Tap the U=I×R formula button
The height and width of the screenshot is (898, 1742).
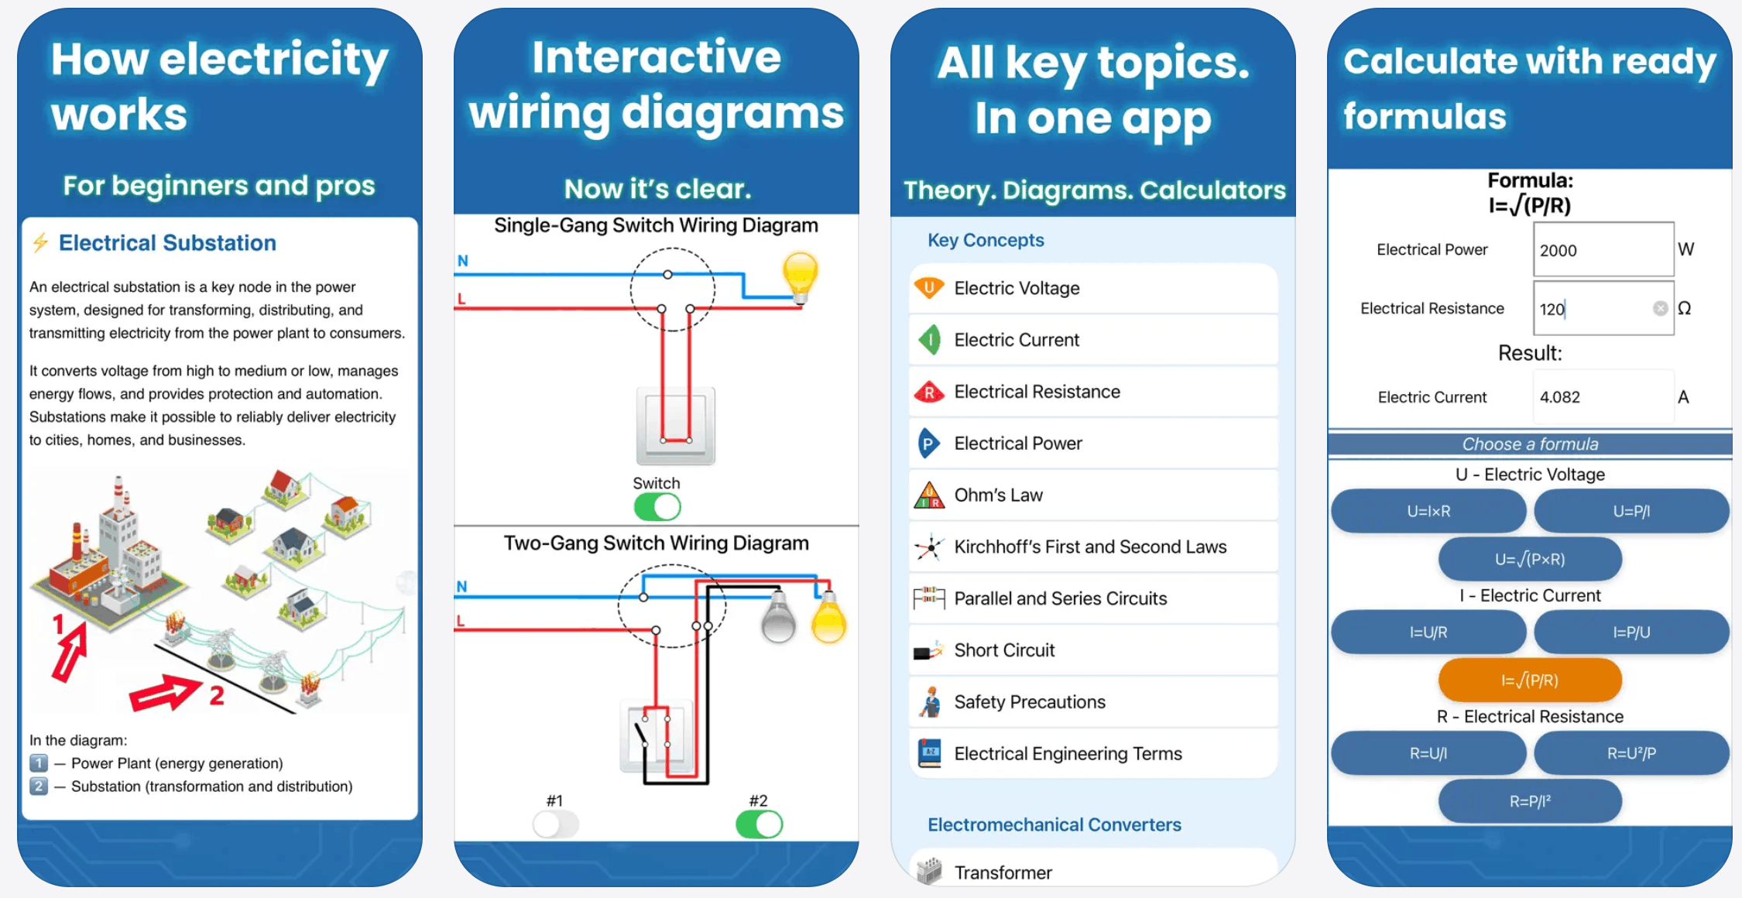tap(1428, 511)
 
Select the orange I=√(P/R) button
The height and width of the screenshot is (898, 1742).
tap(1530, 680)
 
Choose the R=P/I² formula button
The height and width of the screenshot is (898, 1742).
tap(1530, 801)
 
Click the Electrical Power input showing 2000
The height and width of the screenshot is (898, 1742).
tap(1603, 250)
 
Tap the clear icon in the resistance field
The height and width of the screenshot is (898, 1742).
tap(1660, 309)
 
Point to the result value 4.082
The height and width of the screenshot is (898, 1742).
tap(1560, 397)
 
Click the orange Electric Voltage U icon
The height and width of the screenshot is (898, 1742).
tap(929, 288)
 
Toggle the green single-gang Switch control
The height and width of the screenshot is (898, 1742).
tap(657, 508)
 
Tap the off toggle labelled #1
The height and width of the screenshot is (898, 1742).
tap(556, 824)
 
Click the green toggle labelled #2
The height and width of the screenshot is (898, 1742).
tap(759, 824)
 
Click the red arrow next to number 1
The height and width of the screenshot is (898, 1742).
tap(70, 652)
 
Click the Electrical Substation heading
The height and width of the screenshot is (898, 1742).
tap(167, 243)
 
